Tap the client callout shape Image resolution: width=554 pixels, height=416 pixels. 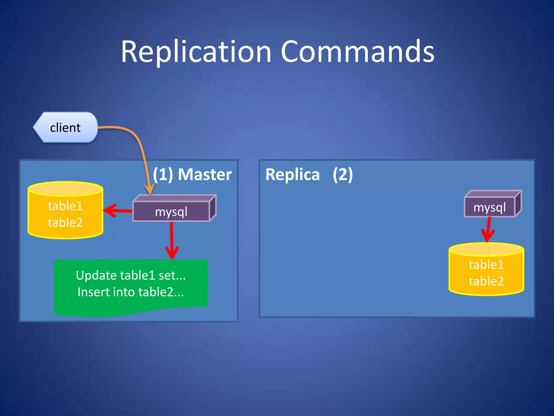65,127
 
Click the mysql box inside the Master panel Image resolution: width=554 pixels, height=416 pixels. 171,212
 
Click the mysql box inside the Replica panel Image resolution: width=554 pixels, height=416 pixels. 489,207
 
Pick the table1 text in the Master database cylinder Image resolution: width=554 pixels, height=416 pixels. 65,206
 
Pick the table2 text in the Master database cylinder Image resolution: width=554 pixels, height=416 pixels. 65,222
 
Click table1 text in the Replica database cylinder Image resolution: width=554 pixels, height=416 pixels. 486,264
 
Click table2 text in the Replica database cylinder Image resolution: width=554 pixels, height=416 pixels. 486,281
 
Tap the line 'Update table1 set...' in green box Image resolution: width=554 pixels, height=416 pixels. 131,275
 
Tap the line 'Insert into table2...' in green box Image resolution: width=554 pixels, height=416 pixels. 131,292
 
